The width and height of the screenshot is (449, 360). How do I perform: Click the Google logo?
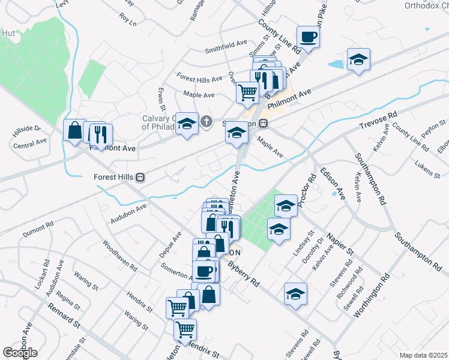20,352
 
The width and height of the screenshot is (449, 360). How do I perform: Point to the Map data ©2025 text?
423,355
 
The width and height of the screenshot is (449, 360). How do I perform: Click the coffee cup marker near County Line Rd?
308,37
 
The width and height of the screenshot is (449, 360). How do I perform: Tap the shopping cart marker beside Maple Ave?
247,92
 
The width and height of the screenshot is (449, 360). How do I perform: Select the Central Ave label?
30,143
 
